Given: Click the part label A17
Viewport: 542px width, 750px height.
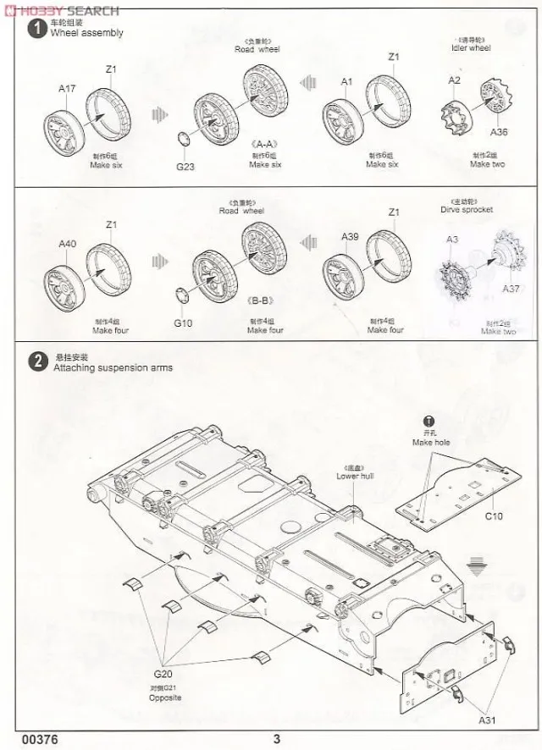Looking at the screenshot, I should [x=67, y=88].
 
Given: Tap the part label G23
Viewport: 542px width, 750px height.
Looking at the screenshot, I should [x=185, y=166].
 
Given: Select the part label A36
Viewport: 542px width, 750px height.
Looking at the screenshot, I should [x=499, y=132].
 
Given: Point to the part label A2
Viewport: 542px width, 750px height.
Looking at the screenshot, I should [x=455, y=80].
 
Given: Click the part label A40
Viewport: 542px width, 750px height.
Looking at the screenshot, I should [x=68, y=244].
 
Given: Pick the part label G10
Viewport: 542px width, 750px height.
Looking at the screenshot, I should [x=183, y=323].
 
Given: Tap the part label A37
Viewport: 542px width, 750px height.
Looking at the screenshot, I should [x=511, y=289].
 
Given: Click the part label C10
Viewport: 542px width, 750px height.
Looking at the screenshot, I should [x=494, y=516].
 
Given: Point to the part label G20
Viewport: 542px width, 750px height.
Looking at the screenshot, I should [x=166, y=673].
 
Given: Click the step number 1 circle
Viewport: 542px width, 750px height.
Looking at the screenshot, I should [x=37, y=29].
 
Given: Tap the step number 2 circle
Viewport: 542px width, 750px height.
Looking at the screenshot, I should [x=37, y=362].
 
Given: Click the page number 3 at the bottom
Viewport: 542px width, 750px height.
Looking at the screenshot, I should [x=276, y=739].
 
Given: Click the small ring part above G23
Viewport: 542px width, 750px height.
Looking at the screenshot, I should [x=183, y=140].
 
